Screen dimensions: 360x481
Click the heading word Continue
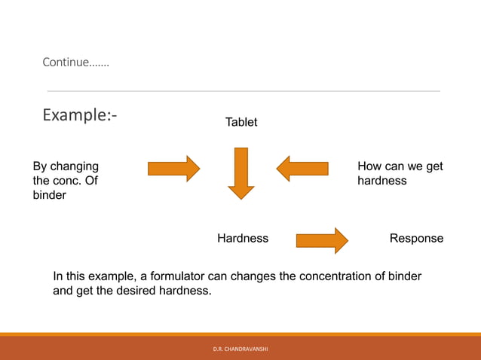click(x=75, y=63)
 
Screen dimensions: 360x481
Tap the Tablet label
click(x=241, y=122)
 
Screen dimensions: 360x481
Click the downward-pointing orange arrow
click(x=241, y=173)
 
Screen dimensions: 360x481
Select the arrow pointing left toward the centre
click(x=302, y=168)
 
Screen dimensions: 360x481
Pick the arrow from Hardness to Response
click(x=322, y=241)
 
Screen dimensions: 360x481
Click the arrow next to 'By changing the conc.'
click(x=173, y=168)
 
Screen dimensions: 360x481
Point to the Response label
click(x=416, y=239)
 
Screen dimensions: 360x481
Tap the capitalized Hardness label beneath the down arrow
click(x=243, y=239)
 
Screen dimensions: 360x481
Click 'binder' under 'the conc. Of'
click(x=49, y=196)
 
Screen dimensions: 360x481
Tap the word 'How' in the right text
click(x=369, y=166)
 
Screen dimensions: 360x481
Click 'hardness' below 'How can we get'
click(x=381, y=181)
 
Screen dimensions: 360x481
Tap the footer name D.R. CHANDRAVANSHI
click(x=240, y=349)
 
